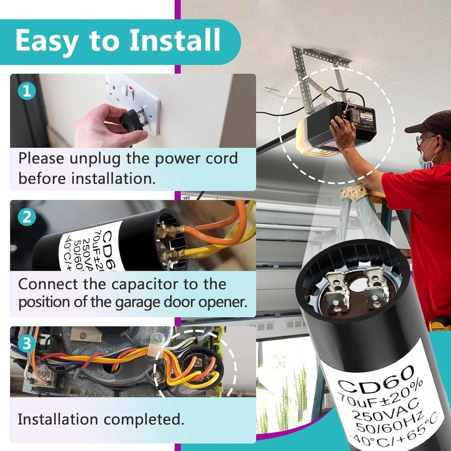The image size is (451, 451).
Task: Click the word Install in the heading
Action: point(175,40)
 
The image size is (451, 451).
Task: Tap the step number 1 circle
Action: point(27,91)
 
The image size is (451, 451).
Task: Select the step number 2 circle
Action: point(27,216)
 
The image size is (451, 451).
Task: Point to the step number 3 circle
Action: point(27,343)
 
